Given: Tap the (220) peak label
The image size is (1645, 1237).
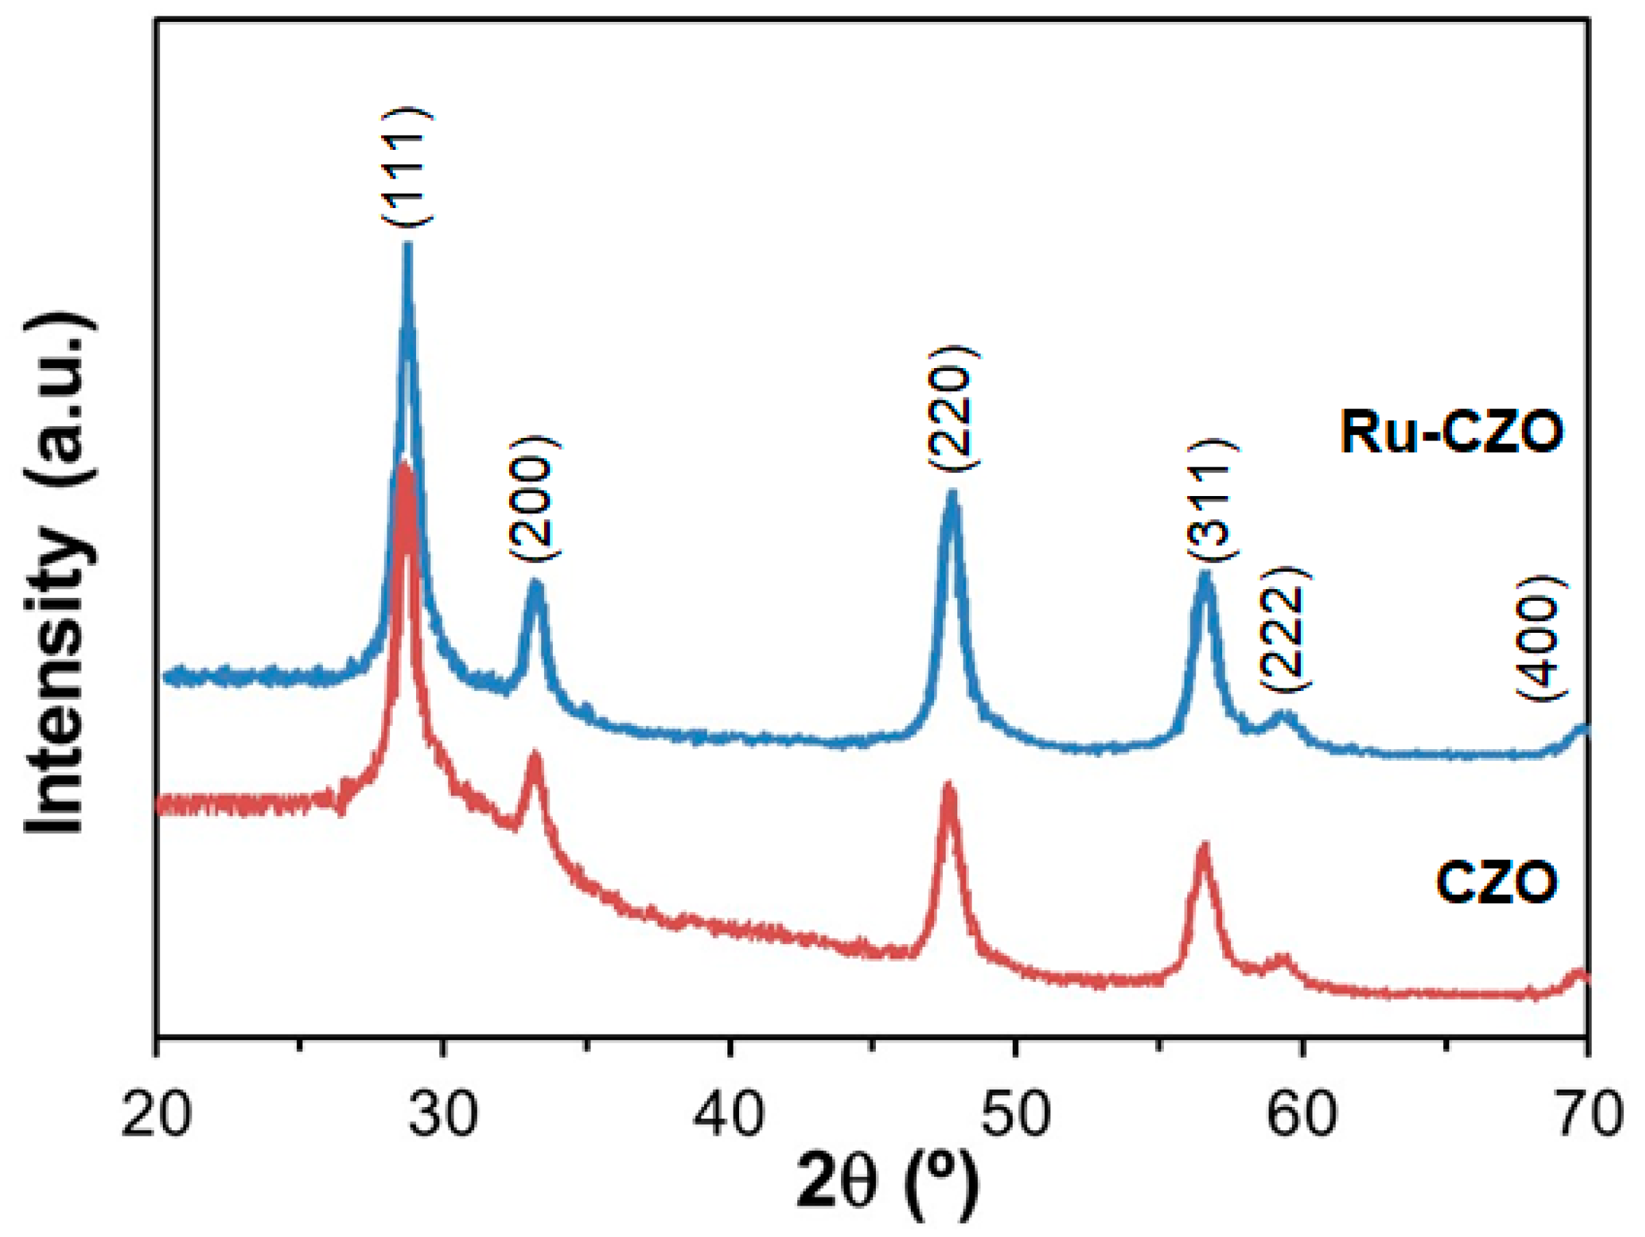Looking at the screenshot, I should tap(953, 406).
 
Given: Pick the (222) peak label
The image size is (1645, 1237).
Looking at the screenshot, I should tap(1284, 629).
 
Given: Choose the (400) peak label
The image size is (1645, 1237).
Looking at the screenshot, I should tap(1542, 638).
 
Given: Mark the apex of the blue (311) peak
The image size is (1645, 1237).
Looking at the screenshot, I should tap(1206, 573).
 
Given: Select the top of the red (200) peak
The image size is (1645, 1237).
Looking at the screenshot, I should tap(534, 755).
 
